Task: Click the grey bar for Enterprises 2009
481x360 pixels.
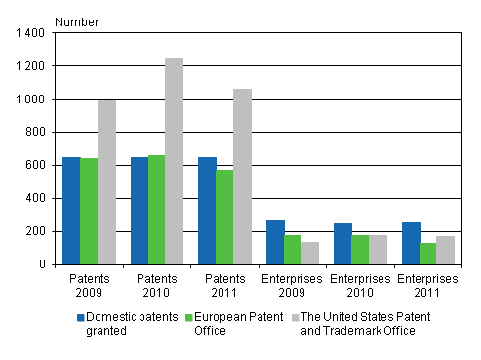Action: [309, 253]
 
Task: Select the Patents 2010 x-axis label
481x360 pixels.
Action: [156, 282]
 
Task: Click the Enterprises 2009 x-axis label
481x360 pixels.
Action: [292, 282]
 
